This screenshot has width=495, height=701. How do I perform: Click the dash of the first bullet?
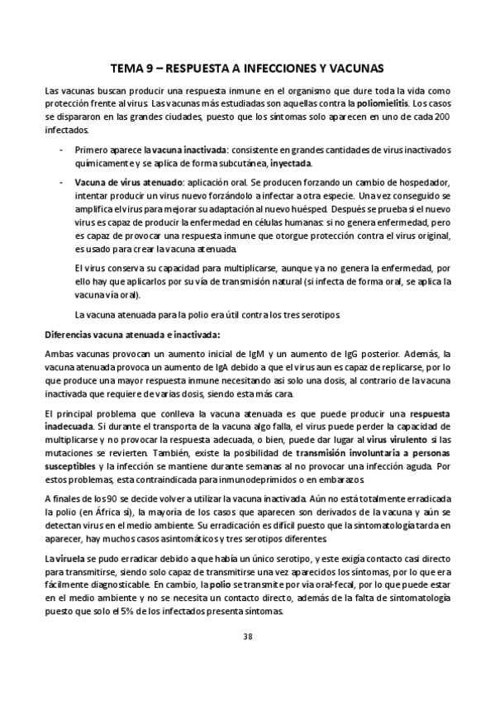pos(64,150)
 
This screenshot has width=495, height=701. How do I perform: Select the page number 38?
pos(248,636)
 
